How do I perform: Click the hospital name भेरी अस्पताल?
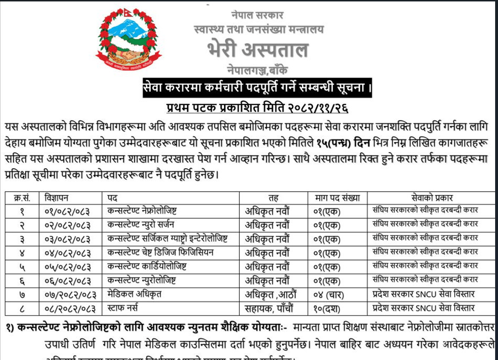[257, 50]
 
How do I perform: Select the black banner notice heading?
[257, 88]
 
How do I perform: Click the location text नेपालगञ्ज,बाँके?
[257, 70]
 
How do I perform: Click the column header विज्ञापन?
[57, 197]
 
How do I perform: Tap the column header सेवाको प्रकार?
[432, 197]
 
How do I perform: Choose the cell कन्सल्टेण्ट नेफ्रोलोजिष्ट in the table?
[143, 210]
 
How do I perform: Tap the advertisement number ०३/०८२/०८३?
[66, 238]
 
